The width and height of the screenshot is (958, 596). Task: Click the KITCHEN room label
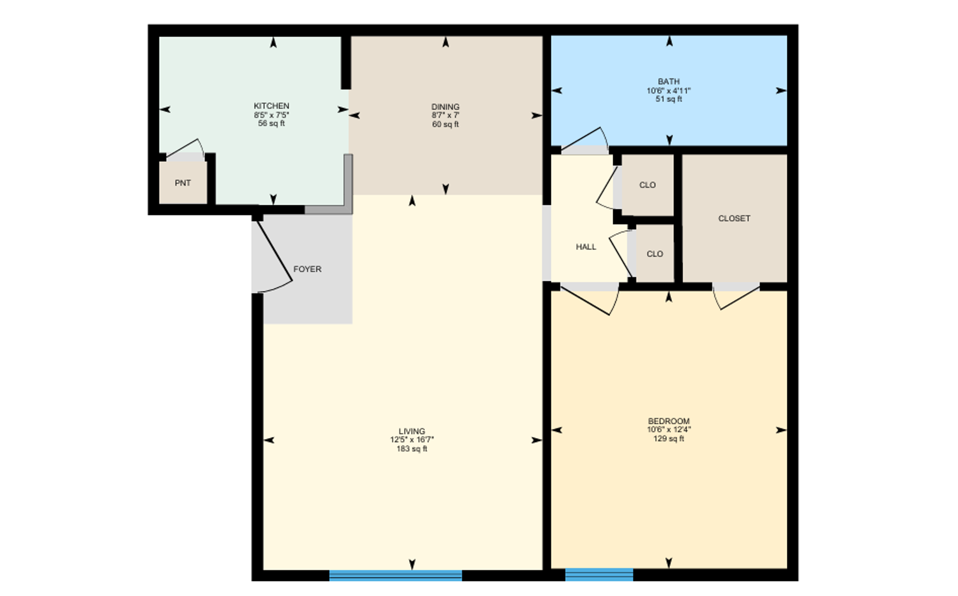point(271,106)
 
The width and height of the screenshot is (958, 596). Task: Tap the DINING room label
point(445,107)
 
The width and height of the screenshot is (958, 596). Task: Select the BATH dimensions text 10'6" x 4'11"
point(668,91)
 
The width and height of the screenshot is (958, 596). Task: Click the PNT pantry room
point(183,183)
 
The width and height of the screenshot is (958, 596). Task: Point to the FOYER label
point(307,269)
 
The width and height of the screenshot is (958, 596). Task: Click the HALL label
point(586,247)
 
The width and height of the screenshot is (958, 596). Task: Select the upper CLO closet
point(647,185)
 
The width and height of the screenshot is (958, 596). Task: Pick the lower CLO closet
point(654,254)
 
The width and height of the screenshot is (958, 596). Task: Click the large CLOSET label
point(734,218)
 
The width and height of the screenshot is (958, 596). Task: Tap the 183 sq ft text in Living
point(412,449)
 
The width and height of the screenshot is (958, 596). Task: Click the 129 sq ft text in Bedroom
point(668,439)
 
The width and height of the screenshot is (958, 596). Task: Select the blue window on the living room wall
point(395,576)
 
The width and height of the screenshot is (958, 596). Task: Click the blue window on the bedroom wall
point(599,575)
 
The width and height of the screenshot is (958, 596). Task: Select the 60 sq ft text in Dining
point(445,124)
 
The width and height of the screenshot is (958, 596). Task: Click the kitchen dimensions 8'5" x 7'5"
point(271,115)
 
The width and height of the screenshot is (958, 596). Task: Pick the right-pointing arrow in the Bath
point(780,91)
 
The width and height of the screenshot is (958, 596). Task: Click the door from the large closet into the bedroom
point(737,297)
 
